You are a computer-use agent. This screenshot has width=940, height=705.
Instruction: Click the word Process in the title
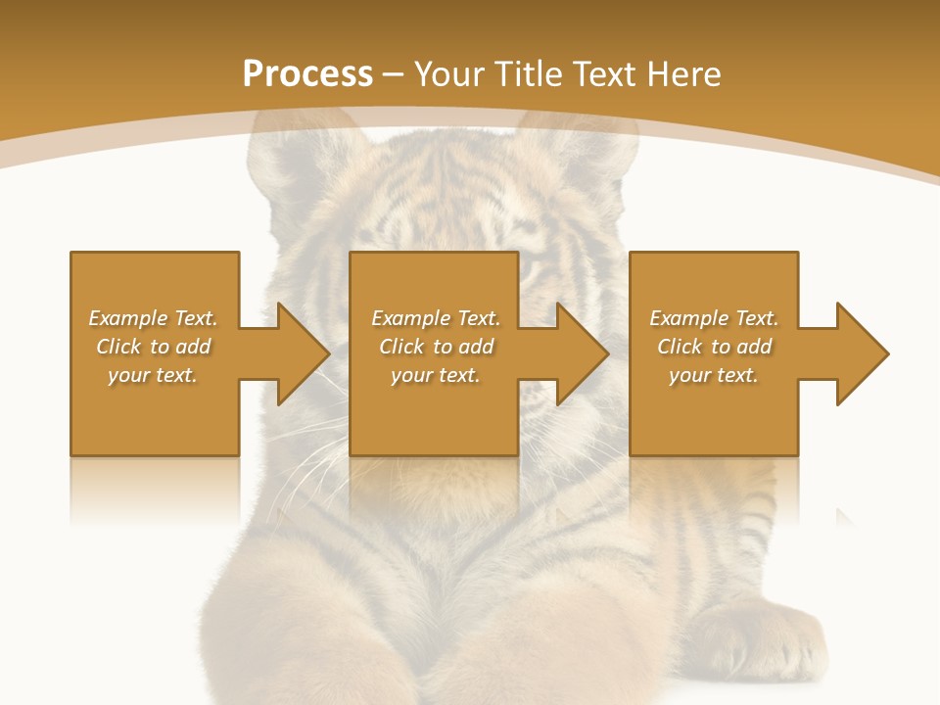coord(307,74)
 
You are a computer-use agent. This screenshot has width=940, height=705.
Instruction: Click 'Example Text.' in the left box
coord(153,318)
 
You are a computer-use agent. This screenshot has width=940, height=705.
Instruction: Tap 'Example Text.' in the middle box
coord(436,318)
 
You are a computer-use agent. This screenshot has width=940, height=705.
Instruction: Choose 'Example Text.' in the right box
coord(714,318)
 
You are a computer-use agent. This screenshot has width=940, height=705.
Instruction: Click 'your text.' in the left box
coord(153,375)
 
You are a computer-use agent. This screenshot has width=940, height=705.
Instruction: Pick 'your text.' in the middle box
coord(436,375)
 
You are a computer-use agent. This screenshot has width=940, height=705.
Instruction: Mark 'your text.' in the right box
coord(714,375)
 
